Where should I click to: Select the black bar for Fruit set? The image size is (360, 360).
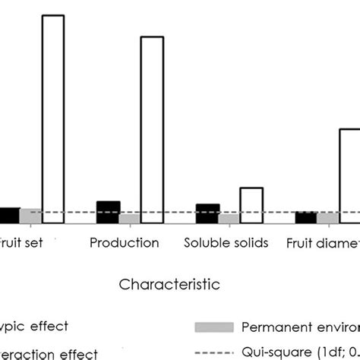pyautogui.click(x=9, y=216)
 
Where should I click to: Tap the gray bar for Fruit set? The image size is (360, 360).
pyautogui.click(x=30, y=216)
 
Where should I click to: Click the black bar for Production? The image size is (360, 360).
pyautogui.click(x=109, y=213)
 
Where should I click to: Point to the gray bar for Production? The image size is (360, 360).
pyautogui.click(x=130, y=219)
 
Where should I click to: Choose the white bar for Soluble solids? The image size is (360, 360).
pyautogui.click(x=251, y=206)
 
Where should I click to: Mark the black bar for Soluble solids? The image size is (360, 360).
pyautogui.click(x=207, y=214)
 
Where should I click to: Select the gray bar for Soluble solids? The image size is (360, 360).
pyautogui.click(x=229, y=219)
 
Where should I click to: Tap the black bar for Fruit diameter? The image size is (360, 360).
pyautogui.click(x=306, y=218)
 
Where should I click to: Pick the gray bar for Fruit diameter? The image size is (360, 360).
pyautogui.click(x=327, y=218)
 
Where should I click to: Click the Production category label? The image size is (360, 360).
pyautogui.click(x=125, y=243)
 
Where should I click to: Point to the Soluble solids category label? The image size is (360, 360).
pyautogui.click(x=226, y=243)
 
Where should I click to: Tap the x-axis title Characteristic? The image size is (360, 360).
pyautogui.click(x=169, y=285)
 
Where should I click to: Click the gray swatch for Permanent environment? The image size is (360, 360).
pyautogui.click(x=213, y=327)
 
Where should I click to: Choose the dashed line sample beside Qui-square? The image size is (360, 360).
pyautogui.click(x=213, y=352)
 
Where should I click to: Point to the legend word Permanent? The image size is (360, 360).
pyautogui.click(x=274, y=327)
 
